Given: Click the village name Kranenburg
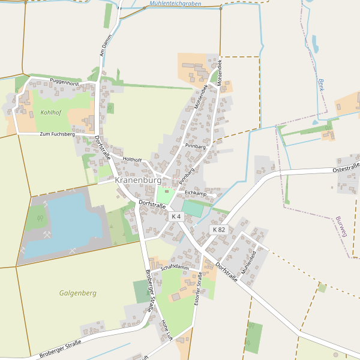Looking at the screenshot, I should pyautogui.click(x=138, y=180).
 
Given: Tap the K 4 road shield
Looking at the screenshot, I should pyautogui.click(x=176, y=216).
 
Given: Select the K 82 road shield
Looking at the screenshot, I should pyautogui.click(x=219, y=229).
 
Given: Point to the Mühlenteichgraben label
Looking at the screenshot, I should pyautogui.click(x=175, y=5).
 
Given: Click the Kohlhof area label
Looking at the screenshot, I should pyautogui.click(x=51, y=112).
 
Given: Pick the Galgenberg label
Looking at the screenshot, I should pyautogui.click(x=78, y=293).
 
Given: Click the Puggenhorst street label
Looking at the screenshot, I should pyautogui.click(x=65, y=82).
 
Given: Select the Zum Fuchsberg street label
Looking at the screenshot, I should pyautogui.click(x=57, y=134).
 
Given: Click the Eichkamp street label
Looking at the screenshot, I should pyautogui.click(x=196, y=193).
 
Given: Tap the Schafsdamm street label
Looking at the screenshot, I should pyautogui.click(x=175, y=268).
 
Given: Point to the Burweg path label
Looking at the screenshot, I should pyautogui.click(x=342, y=226).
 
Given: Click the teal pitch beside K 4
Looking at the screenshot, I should pyautogui.click(x=193, y=209).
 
